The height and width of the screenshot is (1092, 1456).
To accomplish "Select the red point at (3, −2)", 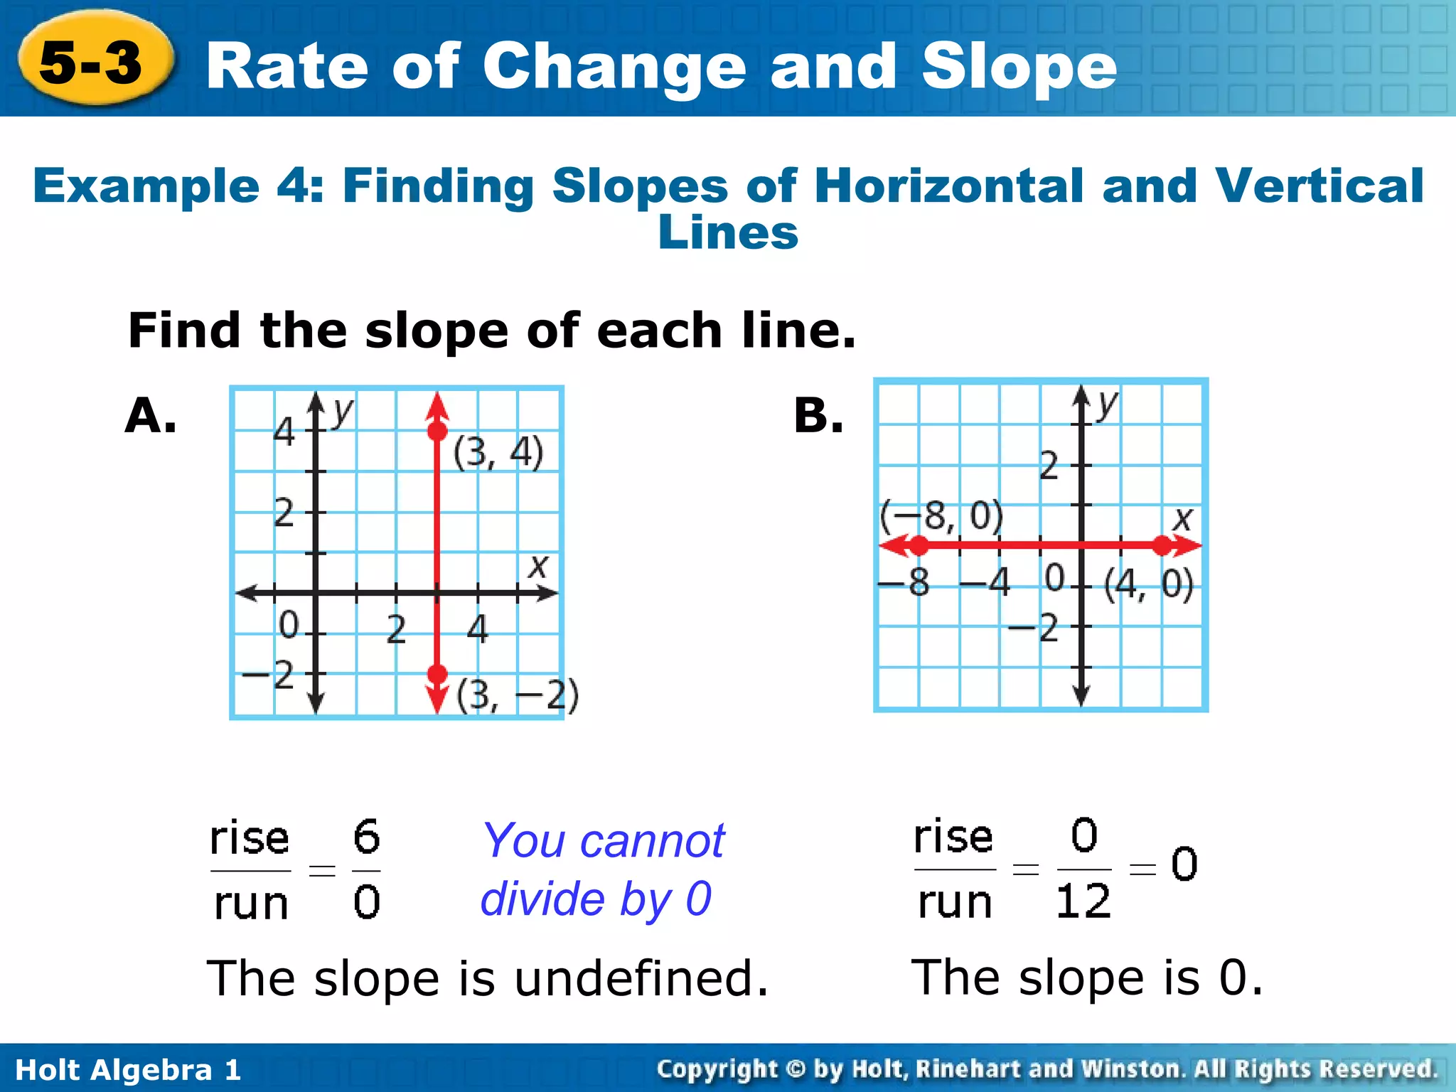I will point(437,673).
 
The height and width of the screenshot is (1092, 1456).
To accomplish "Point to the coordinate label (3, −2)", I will point(518,695).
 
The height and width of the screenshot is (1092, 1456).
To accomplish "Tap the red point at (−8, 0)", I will point(919,546).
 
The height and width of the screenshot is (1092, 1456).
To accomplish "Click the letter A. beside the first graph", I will point(150,415).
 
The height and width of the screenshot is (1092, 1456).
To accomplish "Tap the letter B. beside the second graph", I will point(818,415).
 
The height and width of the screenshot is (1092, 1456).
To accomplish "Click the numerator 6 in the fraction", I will point(367,837).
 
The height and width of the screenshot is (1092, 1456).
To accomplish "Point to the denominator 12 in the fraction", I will point(1083,902).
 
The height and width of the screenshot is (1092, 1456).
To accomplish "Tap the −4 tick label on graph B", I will point(985,582).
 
